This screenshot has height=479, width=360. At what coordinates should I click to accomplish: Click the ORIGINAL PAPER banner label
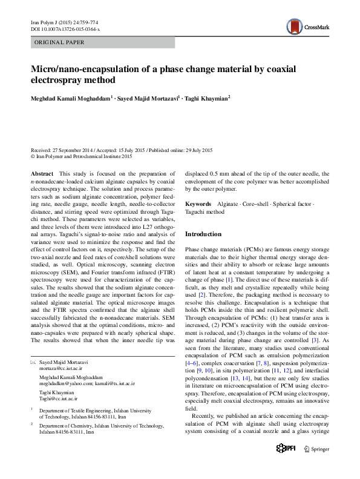tap(60, 42)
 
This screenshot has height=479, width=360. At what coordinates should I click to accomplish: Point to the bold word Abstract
tap(42, 173)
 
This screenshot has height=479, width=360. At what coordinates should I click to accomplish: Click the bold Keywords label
tap(198, 204)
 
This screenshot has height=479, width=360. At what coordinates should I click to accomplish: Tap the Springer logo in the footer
tap(316, 466)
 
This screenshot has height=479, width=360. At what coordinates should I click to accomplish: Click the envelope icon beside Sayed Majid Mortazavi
tap(33, 362)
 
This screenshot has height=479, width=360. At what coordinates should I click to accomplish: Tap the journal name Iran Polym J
tap(44, 22)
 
